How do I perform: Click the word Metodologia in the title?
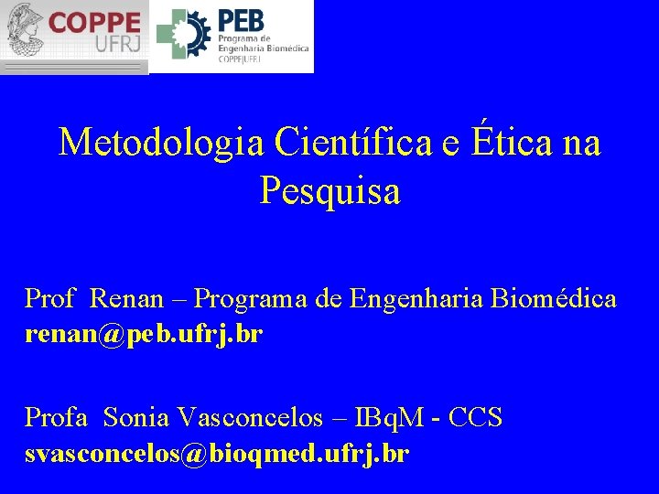pyautogui.click(x=161, y=143)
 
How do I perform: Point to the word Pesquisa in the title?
pyautogui.click(x=329, y=191)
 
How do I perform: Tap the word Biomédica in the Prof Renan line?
pyautogui.click(x=554, y=299)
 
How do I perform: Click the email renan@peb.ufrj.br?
pyautogui.click(x=144, y=335)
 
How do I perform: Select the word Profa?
pyautogui.click(x=56, y=418)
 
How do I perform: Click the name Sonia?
pyautogui.click(x=136, y=418)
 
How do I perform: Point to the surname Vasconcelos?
pyautogui.click(x=250, y=418)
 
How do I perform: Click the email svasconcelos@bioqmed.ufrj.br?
pyautogui.click(x=217, y=454)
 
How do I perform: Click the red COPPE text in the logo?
pyautogui.click(x=94, y=22)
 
